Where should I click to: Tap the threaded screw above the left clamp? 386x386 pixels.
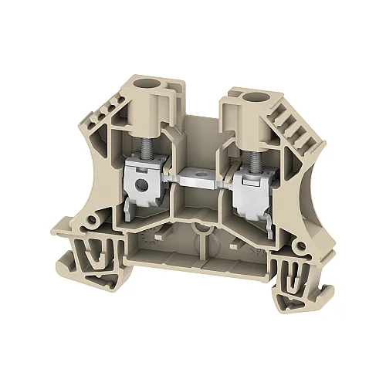pos(144,140)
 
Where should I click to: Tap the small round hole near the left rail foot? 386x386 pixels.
pos(93,222)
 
